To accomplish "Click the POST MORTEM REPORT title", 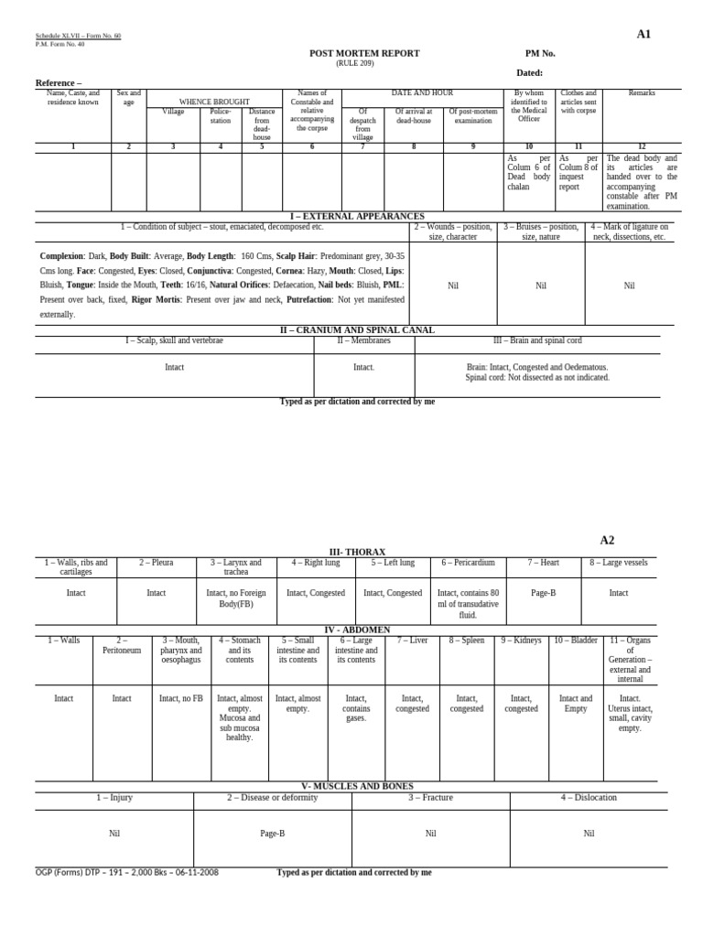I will (x=364, y=53).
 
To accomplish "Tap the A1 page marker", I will (x=644, y=35).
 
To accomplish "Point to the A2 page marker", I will (x=607, y=541).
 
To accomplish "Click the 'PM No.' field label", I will (x=540, y=53).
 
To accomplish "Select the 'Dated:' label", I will (x=529, y=73).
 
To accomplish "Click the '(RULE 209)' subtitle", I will (x=354, y=63).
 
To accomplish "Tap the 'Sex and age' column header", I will (x=128, y=98).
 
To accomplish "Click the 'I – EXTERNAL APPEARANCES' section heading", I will (x=351, y=217).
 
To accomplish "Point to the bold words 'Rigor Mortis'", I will (x=154, y=299).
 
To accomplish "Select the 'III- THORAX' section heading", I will (x=352, y=553).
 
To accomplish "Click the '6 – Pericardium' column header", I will (x=468, y=563).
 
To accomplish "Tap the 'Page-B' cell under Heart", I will (x=543, y=593).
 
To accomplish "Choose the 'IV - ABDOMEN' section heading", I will (x=352, y=630).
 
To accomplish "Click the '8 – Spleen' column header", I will (x=466, y=641).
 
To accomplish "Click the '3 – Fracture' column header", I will (x=430, y=798).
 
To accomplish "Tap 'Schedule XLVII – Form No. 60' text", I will (x=78, y=36).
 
